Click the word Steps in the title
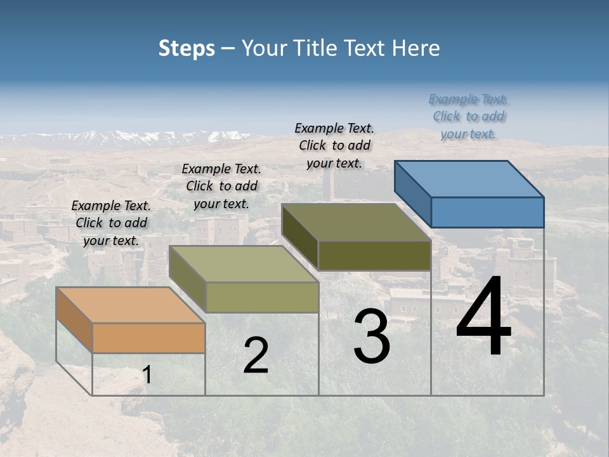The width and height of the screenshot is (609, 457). click(x=187, y=48)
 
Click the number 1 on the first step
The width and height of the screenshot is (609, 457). click(x=147, y=376)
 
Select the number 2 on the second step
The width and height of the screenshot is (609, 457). click(x=256, y=355)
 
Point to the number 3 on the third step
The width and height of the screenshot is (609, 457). click(x=372, y=336)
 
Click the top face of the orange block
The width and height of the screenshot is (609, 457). click(x=131, y=305)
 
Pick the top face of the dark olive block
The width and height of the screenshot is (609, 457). click(x=357, y=222)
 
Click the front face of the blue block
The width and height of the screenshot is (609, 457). click(x=487, y=212)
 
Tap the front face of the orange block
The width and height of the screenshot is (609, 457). click(x=148, y=338)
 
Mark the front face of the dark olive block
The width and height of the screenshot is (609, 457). click(x=374, y=255)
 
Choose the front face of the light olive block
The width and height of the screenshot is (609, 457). click(x=262, y=297)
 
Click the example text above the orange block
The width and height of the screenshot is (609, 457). click(x=111, y=223)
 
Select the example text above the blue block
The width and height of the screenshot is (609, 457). click(x=469, y=116)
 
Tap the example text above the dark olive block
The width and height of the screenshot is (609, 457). click(x=334, y=145)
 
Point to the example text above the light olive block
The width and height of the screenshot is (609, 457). click(x=221, y=186)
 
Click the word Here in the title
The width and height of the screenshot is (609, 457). click(x=416, y=48)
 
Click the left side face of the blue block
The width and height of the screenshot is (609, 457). click(x=413, y=194)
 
